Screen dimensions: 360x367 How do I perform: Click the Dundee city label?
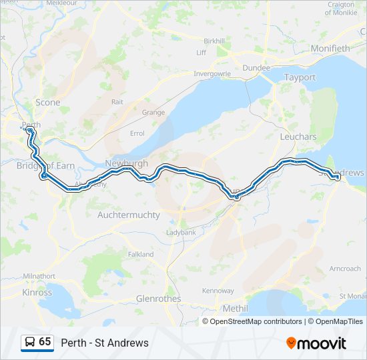click(256, 68)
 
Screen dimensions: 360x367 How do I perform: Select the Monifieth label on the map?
click(330, 49)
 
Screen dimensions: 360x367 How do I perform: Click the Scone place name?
click(47, 103)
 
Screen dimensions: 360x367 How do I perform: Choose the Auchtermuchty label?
click(129, 215)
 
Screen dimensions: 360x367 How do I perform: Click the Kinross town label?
click(37, 293)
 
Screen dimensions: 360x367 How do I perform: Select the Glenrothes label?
click(158, 299)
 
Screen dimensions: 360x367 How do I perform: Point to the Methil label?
click(234, 309)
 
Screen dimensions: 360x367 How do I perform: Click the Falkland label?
click(140, 254)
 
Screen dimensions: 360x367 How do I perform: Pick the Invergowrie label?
click(212, 74)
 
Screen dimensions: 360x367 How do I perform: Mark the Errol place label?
click(137, 133)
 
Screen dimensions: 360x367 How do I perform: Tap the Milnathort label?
click(39, 276)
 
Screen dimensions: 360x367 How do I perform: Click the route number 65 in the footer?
click(45, 342)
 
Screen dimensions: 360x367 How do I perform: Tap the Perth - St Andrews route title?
click(105, 343)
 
